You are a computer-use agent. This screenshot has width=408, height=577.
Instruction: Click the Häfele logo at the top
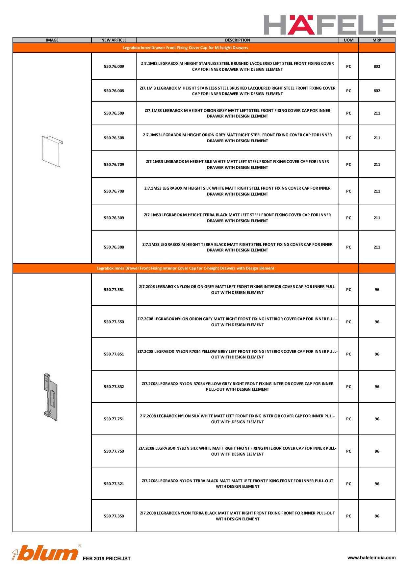(330, 25)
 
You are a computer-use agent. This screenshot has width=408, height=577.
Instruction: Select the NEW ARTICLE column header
(114, 40)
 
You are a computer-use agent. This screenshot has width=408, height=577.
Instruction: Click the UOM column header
(348, 40)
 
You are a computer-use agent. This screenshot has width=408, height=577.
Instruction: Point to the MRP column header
(377, 40)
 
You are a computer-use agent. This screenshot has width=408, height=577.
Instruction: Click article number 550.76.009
(114, 66)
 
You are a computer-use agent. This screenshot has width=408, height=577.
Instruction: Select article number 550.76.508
(114, 138)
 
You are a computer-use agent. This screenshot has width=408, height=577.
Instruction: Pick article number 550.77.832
(114, 387)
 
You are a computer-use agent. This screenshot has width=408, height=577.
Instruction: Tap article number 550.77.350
(114, 516)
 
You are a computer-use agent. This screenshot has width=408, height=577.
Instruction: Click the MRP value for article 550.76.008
(377, 91)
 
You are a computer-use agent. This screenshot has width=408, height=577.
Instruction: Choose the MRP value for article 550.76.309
(377, 218)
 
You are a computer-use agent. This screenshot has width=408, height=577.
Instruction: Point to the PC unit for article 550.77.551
(348, 290)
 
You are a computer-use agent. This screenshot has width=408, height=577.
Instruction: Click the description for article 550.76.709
(237, 165)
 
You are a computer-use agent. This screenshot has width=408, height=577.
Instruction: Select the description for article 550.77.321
(237, 484)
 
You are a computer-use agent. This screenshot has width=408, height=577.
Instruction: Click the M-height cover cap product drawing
(52, 151)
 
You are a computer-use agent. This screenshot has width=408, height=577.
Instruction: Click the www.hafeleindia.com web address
(371, 558)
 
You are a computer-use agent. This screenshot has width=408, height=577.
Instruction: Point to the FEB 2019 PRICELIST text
(107, 559)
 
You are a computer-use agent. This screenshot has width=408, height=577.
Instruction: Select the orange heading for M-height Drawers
(186, 48)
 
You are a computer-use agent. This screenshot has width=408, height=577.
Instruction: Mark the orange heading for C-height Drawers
(186, 268)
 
